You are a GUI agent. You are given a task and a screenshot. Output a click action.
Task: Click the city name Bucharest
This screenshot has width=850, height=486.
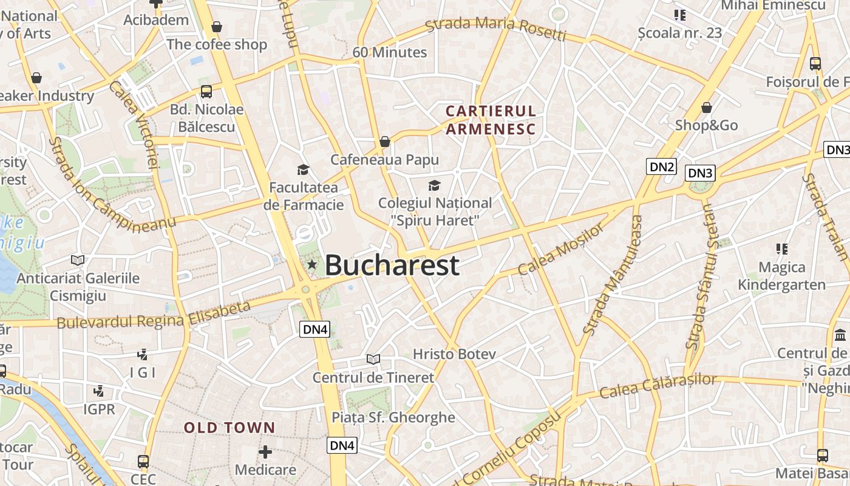[392, 265]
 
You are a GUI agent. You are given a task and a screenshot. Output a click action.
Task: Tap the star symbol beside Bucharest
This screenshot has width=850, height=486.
[312, 264]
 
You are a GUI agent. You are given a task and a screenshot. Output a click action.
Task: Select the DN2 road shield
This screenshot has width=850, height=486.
[661, 166]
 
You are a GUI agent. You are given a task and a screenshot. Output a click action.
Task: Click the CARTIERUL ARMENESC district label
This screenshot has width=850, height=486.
[491, 120]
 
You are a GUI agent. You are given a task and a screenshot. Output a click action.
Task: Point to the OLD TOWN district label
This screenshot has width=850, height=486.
[229, 428]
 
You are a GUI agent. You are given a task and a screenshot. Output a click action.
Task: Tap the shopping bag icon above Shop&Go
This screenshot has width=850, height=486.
[706, 108]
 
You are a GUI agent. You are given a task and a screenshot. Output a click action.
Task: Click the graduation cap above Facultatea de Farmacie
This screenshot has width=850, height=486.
[303, 169]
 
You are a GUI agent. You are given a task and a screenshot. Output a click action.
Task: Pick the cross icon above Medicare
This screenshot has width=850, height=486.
[265, 452]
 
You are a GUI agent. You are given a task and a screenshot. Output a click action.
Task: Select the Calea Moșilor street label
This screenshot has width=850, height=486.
[561, 249]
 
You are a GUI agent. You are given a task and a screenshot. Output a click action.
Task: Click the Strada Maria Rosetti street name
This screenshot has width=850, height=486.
[495, 29]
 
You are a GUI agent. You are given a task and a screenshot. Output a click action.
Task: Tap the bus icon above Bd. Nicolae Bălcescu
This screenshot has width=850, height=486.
[206, 92]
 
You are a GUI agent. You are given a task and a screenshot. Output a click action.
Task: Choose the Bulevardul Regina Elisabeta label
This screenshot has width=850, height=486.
[154, 315]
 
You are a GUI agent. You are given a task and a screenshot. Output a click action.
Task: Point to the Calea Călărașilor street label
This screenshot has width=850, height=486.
[658, 386]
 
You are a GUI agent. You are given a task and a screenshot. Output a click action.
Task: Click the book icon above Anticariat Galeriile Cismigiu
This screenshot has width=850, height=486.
[78, 260]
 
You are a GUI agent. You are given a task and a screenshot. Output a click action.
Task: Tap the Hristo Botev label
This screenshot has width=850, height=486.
[454, 354]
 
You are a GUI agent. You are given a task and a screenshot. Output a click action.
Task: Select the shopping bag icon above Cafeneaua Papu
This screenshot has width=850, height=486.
[384, 142]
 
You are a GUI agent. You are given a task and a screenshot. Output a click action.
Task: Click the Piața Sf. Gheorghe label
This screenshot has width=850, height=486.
[393, 417]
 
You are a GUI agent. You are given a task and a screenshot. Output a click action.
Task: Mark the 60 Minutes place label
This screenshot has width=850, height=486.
[389, 52]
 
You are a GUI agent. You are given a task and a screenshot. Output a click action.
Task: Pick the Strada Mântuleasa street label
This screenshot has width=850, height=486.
[612, 275]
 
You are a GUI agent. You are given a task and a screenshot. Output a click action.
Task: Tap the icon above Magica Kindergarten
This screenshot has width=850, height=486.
[781, 248]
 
